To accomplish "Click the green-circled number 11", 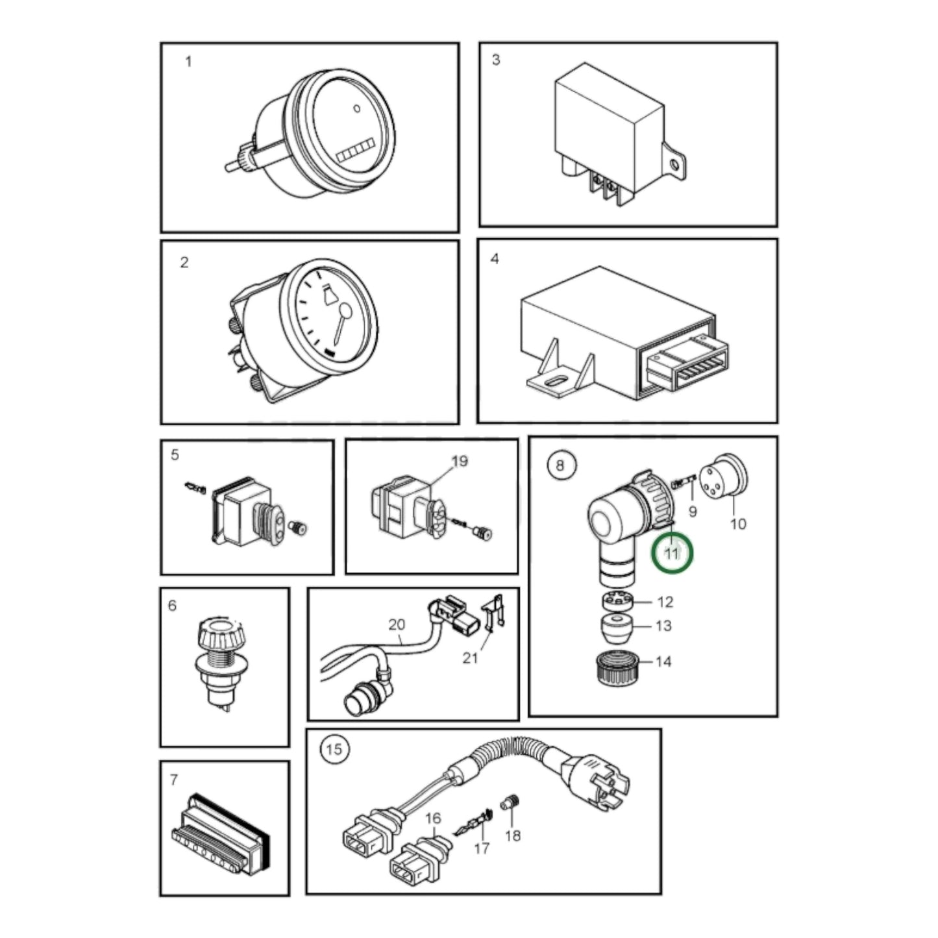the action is pyautogui.click(x=672, y=553).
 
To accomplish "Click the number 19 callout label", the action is pyautogui.click(x=460, y=460).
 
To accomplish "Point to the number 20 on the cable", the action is pyautogui.click(x=397, y=624).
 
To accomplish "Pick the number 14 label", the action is pyautogui.click(x=663, y=661).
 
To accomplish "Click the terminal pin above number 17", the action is pyautogui.click(x=472, y=826).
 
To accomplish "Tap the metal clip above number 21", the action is pyautogui.click(x=493, y=621).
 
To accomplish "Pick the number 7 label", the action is pyautogui.click(x=174, y=780).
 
